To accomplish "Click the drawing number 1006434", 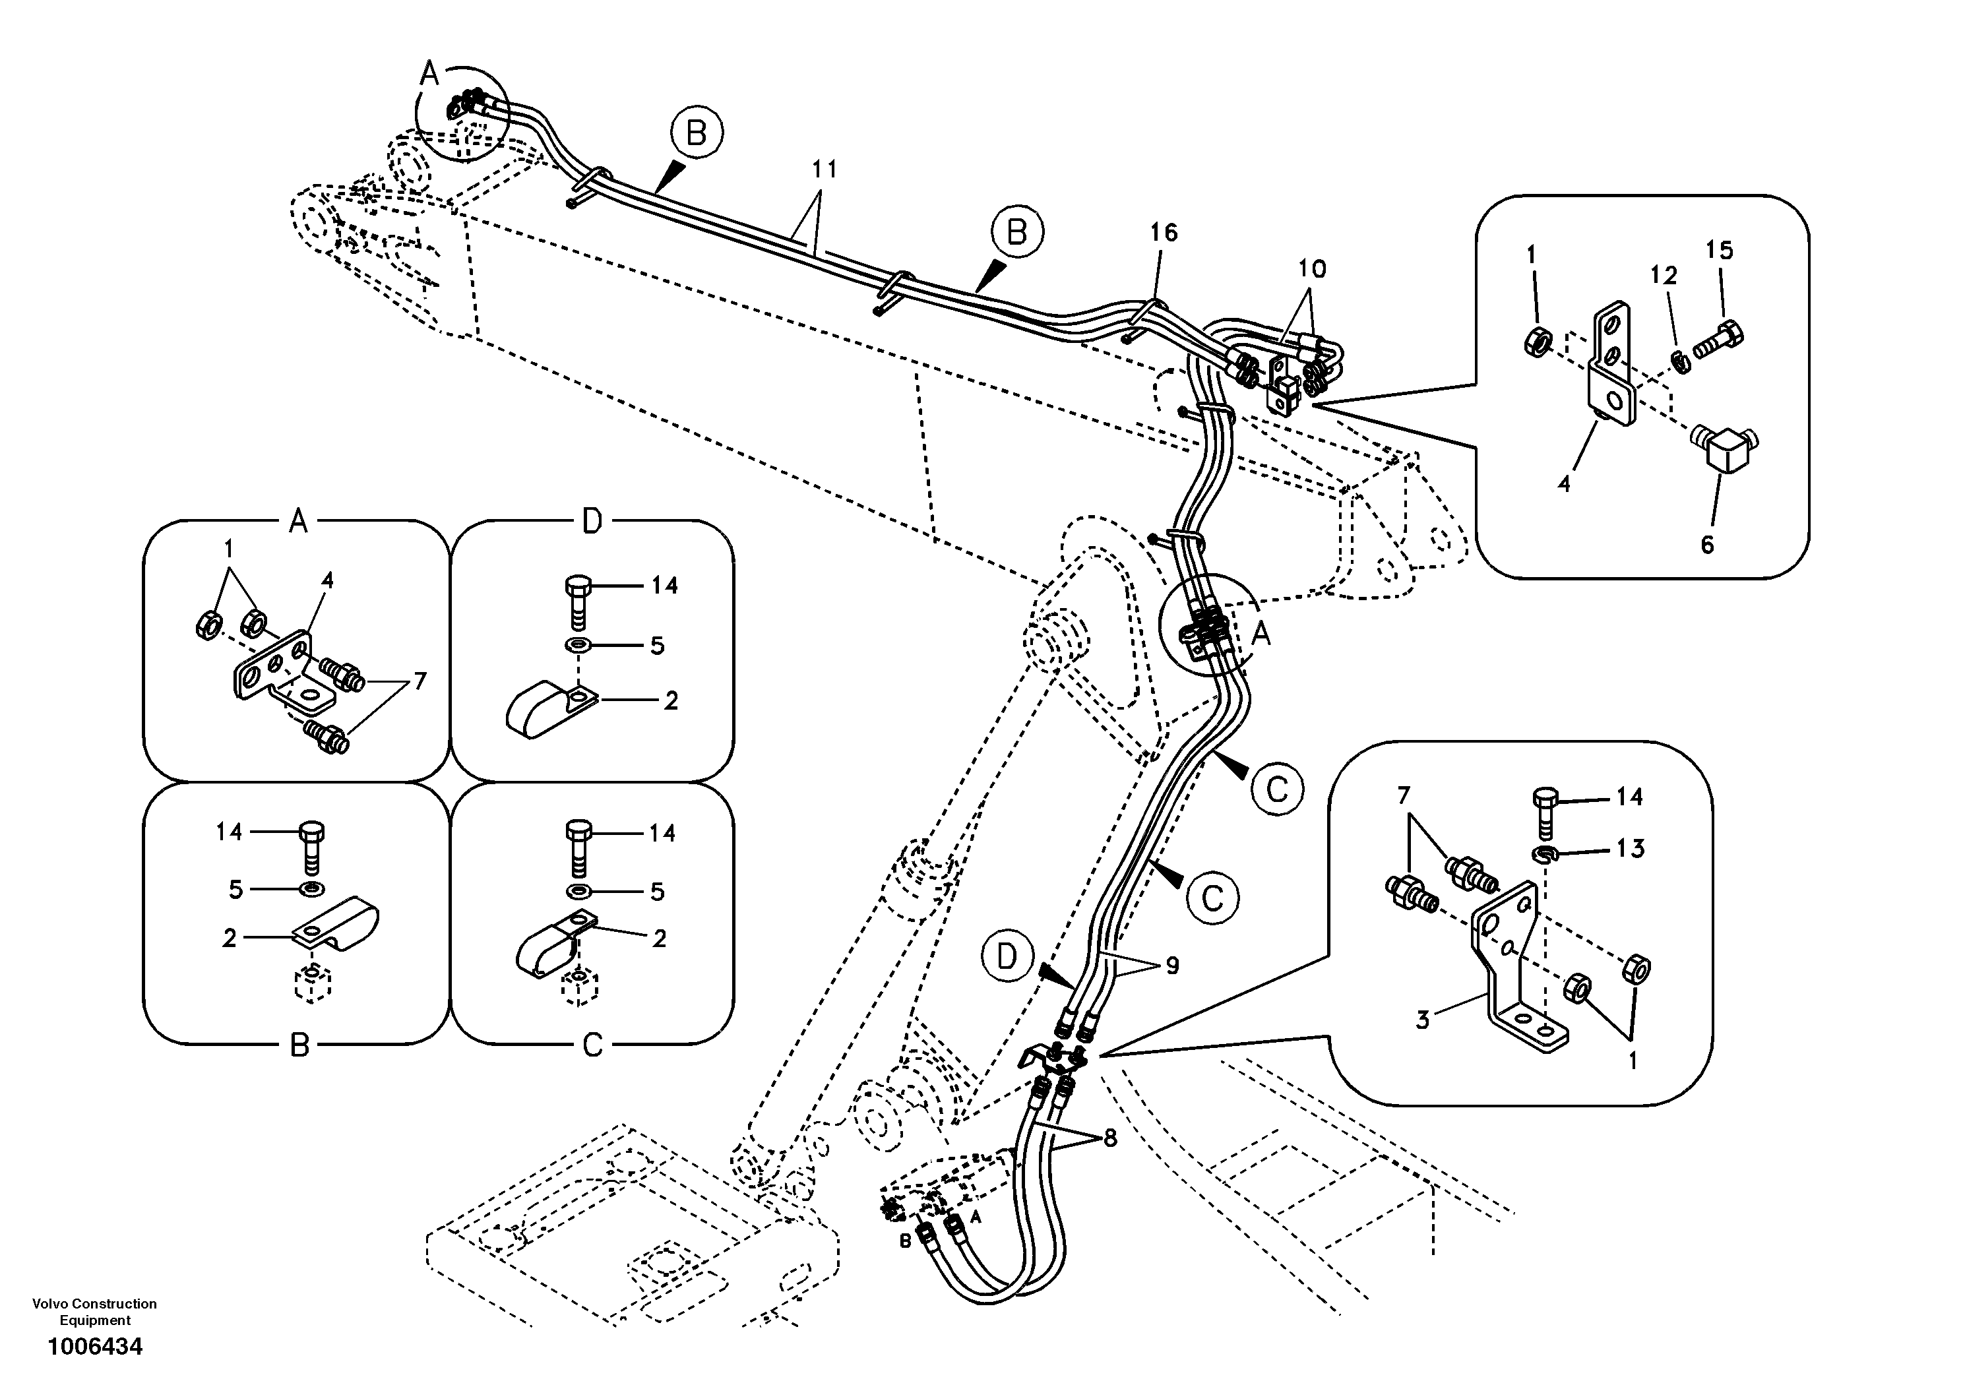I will click(x=95, y=1347).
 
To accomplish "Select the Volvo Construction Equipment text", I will click(x=95, y=1312).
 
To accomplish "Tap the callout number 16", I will click(x=1163, y=233).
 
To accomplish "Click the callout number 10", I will click(x=1311, y=268).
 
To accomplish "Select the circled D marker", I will click(x=1008, y=957).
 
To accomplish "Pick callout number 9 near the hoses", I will click(x=1172, y=966).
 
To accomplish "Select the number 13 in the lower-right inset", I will click(x=1631, y=849).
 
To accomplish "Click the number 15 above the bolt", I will click(x=1720, y=251).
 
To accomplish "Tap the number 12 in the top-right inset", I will click(x=1664, y=275).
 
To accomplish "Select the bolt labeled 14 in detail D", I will click(x=577, y=602).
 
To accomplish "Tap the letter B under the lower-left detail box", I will click(x=298, y=1045).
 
